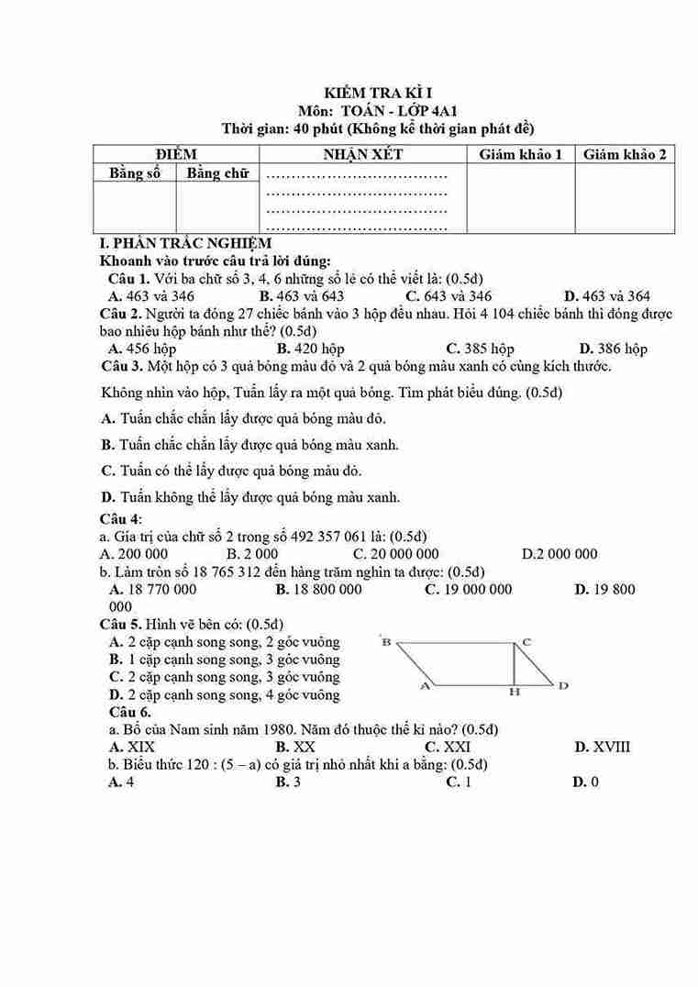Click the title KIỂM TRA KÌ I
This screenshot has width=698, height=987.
click(x=378, y=93)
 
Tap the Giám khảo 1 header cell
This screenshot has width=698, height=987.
click(x=521, y=154)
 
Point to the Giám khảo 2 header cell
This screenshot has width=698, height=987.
click(x=625, y=154)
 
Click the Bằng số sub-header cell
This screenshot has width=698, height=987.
click(x=135, y=172)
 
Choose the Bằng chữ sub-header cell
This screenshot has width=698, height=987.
click(x=217, y=172)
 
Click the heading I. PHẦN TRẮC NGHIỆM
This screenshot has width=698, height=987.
click(x=185, y=243)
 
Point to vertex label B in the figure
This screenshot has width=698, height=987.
click(x=386, y=642)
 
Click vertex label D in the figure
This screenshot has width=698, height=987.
click(x=563, y=685)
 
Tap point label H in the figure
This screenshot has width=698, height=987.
click(x=515, y=693)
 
